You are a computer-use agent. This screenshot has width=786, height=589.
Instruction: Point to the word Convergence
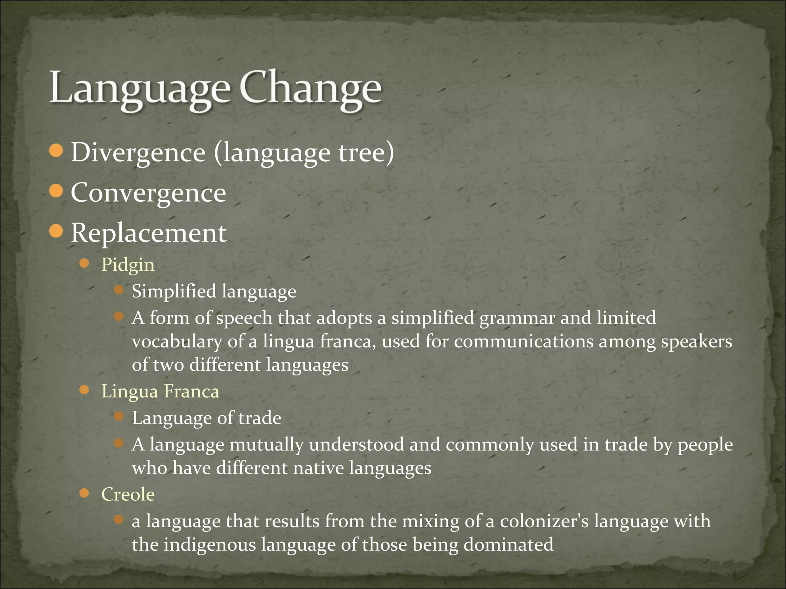tap(149, 193)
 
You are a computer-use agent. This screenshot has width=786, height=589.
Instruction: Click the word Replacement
tap(149, 233)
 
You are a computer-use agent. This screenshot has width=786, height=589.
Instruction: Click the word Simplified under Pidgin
tap(174, 291)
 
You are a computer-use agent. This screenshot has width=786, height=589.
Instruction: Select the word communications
tap(523, 341)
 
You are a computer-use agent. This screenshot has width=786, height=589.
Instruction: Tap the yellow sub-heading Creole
tap(128, 495)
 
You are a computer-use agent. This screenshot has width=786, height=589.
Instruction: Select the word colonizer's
tap(544, 522)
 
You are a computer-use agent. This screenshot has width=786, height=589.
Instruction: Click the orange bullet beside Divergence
tap(56, 151)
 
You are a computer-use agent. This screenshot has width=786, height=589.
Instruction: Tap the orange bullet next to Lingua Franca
tap(84, 390)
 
